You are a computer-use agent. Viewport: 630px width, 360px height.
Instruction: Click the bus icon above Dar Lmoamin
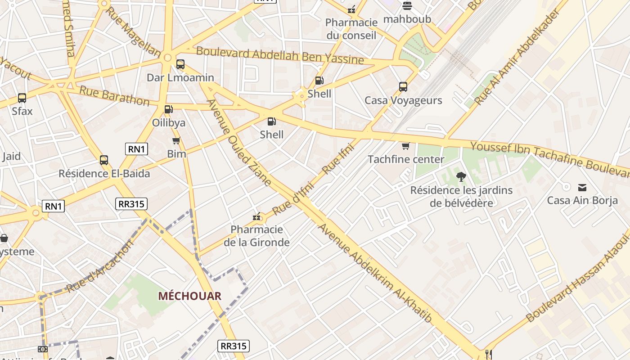[180, 64]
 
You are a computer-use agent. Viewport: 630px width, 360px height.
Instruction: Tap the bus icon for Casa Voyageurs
[403, 87]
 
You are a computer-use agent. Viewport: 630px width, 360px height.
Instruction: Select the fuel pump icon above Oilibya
[168, 109]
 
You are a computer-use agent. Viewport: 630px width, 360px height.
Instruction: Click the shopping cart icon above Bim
[176, 140]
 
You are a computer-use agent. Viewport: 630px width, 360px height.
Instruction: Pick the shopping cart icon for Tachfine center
[405, 146]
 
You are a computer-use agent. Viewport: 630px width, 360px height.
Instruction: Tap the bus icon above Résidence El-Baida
[104, 160]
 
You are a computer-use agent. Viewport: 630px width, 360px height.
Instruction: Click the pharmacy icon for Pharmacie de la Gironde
[257, 217]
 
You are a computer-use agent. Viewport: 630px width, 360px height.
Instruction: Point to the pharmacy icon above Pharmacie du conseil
[351, 9]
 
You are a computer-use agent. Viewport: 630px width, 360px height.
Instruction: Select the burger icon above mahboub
[407, 6]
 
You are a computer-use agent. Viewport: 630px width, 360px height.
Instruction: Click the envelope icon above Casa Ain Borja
[582, 187]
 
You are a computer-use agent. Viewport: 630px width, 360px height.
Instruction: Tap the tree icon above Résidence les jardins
[461, 177]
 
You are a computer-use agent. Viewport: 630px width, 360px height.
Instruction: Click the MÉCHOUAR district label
[189, 296]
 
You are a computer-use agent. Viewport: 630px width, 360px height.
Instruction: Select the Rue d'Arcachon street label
[100, 266]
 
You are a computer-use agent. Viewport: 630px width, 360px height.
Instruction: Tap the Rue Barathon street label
[114, 96]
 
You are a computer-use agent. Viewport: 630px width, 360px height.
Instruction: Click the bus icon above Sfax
[22, 98]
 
